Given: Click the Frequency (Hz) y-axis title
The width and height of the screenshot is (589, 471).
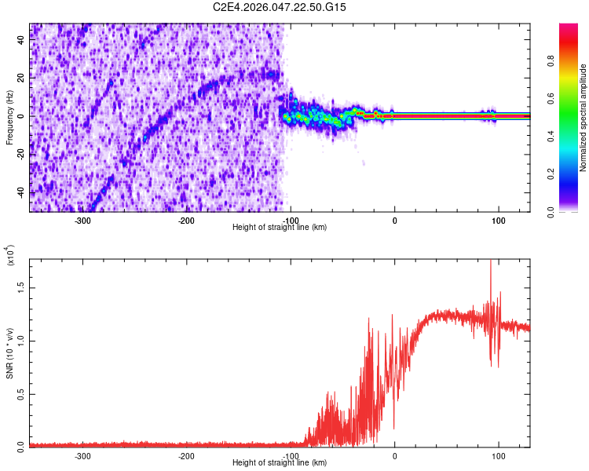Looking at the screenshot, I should pos(9,118).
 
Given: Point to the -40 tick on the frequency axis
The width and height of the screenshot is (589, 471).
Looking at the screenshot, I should pos(21,192).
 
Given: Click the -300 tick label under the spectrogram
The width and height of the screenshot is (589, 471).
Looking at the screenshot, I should pos(83,220).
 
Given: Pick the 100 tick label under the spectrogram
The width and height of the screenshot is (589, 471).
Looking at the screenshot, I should pos(498,220).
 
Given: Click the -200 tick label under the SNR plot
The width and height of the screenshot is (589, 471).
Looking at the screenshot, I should pos(187,455).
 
